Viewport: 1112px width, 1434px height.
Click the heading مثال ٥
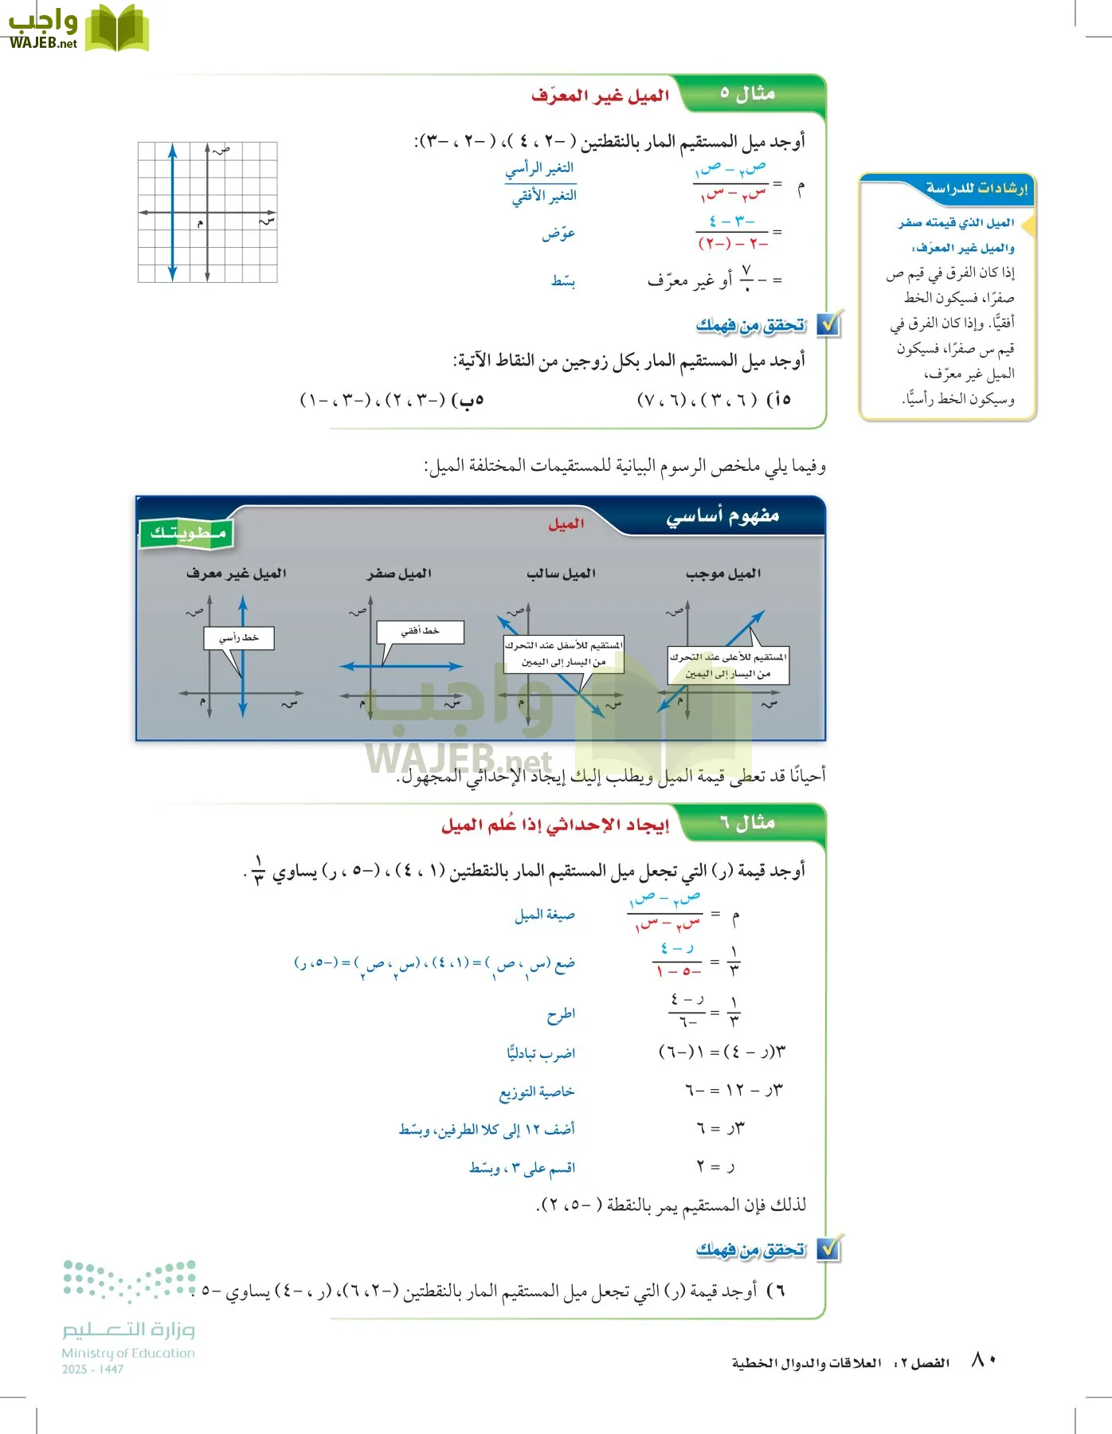(746, 94)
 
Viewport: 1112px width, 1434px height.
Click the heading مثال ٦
(746, 823)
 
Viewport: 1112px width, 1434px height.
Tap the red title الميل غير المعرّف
(600, 96)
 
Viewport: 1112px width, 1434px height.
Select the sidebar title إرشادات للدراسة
(976, 189)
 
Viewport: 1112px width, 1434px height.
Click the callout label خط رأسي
(239, 638)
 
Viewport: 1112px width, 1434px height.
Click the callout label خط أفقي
(420, 631)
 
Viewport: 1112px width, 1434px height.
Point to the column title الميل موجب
(723, 574)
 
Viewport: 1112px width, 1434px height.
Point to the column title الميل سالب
(561, 574)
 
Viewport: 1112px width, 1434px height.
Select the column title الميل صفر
(399, 574)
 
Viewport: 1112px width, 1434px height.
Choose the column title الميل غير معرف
(236, 574)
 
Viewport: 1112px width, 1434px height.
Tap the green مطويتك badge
(187, 533)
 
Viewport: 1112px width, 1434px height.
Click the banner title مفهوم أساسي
(722, 516)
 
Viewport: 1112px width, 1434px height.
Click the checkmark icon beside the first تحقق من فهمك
(829, 324)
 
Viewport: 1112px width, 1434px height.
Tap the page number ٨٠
(984, 1361)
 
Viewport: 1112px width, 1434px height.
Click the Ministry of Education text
(128, 1353)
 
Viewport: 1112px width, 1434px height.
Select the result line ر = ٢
(715, 1167)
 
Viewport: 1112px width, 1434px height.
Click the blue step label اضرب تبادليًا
(541, 1053)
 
